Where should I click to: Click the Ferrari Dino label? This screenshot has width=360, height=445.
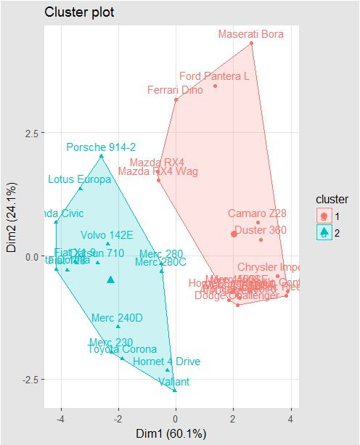[174, 90]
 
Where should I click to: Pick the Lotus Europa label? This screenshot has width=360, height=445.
[79, 179]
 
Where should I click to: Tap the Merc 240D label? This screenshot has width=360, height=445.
[117, 318]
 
